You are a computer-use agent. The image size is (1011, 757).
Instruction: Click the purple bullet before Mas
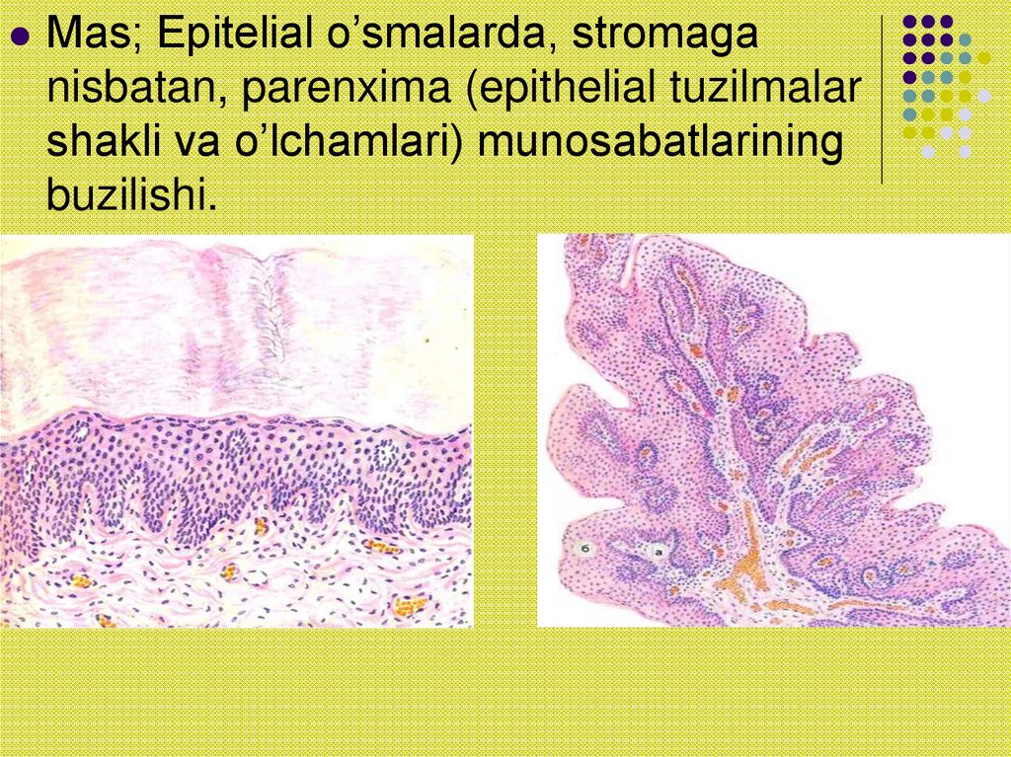coord(20,37)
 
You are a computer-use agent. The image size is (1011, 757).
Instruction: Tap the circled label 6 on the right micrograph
coord(585,548)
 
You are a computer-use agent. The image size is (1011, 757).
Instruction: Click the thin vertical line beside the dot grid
coord(881,99)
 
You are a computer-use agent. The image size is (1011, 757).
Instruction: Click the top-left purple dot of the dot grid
coord(910,21)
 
